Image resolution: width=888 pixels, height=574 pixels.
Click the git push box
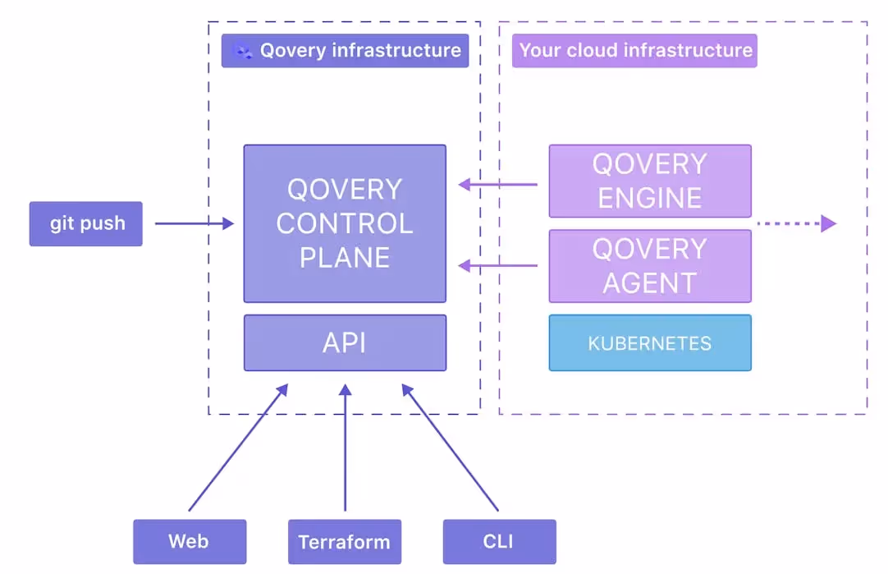[86, 223]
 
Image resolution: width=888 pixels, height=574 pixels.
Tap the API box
[345, 342]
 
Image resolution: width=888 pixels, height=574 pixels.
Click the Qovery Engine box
[649, 181]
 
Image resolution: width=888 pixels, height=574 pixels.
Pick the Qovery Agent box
[649, 266]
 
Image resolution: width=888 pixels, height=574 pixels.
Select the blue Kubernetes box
[649, 343]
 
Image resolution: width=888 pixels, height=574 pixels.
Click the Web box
[190, 542]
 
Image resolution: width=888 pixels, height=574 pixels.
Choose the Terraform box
[345, 542]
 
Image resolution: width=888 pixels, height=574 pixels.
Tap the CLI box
[499, 542]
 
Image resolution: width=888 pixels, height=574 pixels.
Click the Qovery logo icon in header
[242, 51]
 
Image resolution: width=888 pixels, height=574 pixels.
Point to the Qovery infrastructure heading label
[359, 51]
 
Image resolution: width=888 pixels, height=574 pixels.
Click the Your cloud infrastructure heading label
[635, 51]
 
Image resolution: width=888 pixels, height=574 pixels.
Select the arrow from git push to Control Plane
[194, 223]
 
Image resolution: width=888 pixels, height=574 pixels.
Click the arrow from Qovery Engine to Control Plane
[497, 185]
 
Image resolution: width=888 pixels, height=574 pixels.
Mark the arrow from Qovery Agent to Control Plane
[497, 265]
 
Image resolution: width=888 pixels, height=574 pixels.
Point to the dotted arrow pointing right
[794, 223]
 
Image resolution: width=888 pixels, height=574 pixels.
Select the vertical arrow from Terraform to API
[346, 448]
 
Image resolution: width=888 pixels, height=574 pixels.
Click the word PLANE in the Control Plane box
[344, 258]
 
